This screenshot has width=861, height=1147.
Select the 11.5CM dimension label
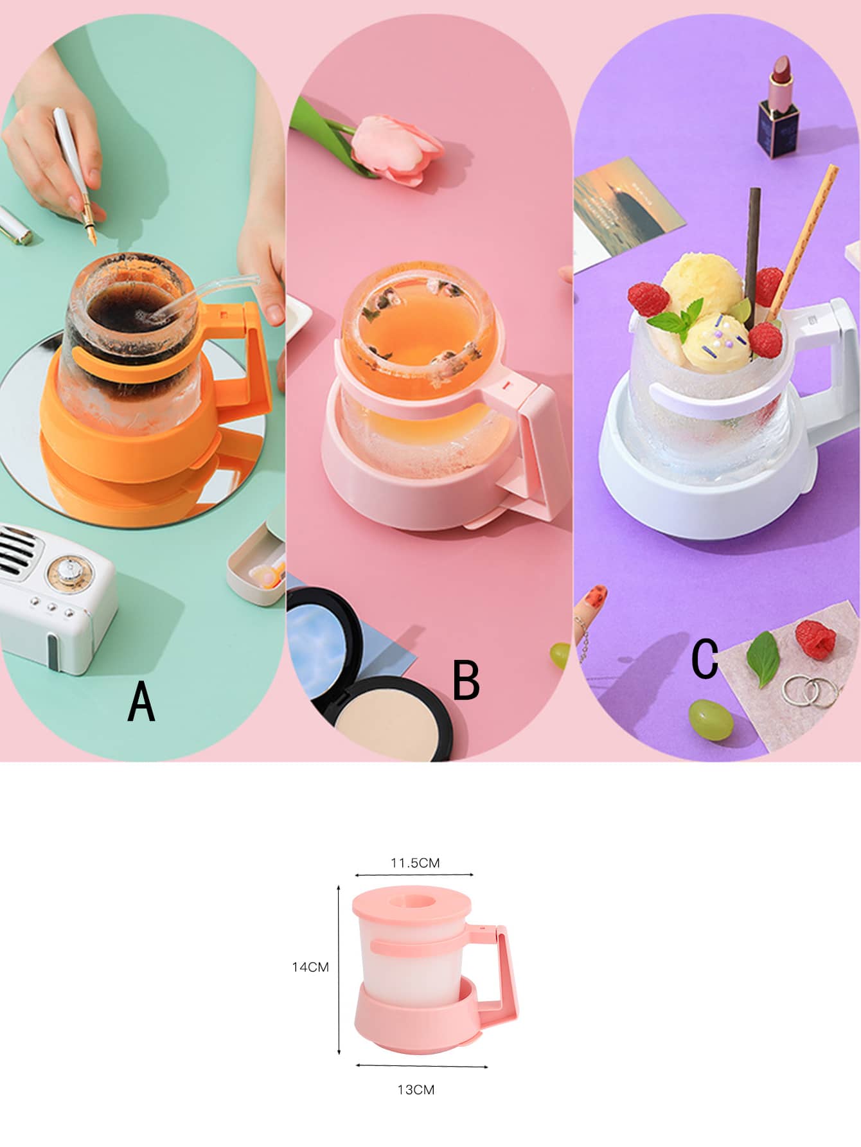(415, 863)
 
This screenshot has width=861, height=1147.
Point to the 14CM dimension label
(310, 967)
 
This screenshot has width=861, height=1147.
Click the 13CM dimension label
(416, 1090)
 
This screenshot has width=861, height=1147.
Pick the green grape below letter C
(711, 720)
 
